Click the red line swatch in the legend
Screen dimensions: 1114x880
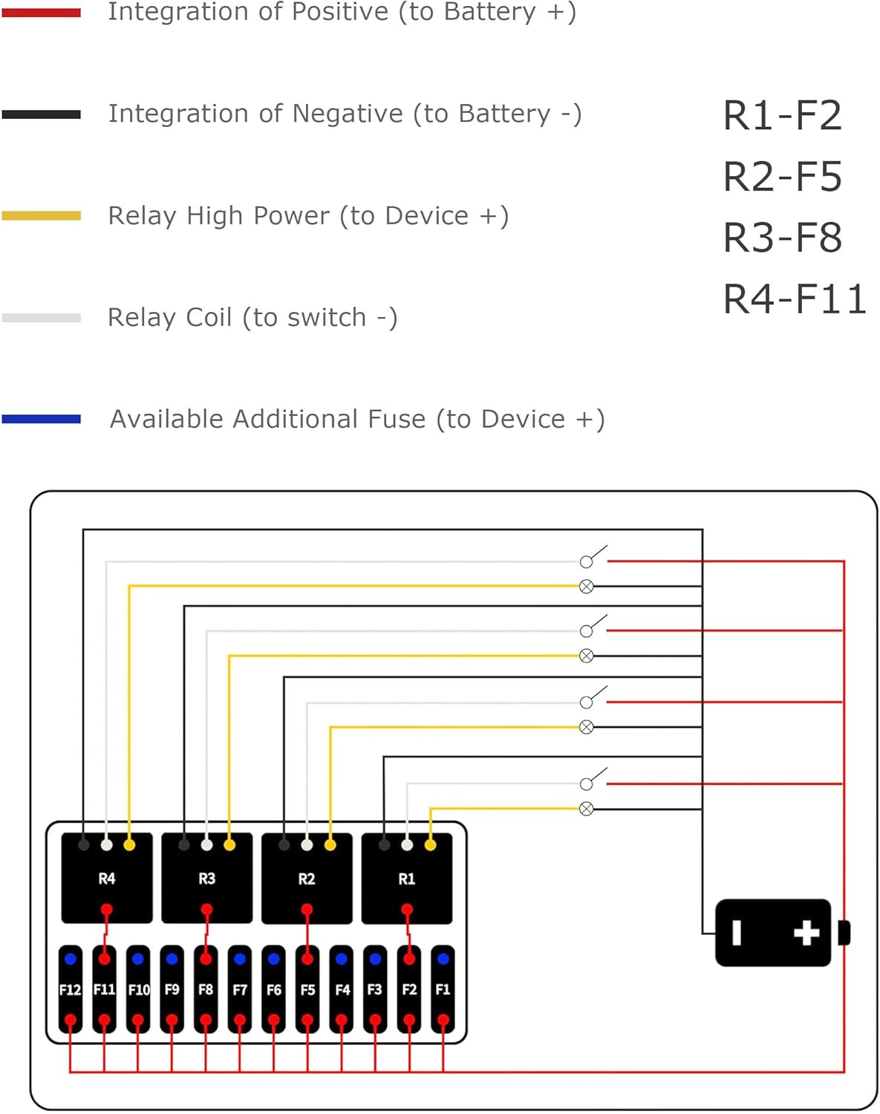pos(41,13)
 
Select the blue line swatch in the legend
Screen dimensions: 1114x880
pos(41,419)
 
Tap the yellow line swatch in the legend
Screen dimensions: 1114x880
pos(41,215)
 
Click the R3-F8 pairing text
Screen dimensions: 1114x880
pos(782,238)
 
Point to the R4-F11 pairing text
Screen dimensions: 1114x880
pos(794,299)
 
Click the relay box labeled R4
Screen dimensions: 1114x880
pos(107,879)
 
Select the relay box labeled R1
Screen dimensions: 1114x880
pos(407,879)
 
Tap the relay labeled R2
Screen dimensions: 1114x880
pos(307,879)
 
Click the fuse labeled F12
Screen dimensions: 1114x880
pos(70,989)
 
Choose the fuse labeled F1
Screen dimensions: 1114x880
pos(443,989)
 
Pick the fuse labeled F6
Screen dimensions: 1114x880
pos(273,989)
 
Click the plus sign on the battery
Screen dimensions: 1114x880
pos(806,933)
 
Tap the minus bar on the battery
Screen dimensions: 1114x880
pos(737,933)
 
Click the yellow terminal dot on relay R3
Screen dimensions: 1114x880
pos(229,845)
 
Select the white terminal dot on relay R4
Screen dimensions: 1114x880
pos(107,845)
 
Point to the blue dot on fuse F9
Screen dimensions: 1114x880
pos(172,959)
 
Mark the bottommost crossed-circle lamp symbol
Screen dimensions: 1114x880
pos(587,809)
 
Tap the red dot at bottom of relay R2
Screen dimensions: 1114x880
pos(307,910)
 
